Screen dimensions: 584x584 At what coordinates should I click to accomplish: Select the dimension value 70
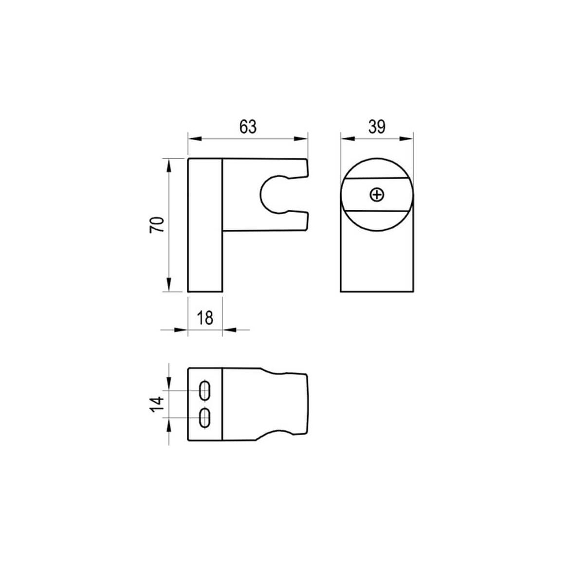(157, 224)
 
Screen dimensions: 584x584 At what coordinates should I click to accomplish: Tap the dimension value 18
(205, 318)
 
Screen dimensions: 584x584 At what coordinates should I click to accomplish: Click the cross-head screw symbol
(377, 195)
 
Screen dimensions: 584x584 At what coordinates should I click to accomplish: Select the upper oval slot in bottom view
(205, 390)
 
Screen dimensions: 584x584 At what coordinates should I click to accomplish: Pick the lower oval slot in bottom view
(205, 418)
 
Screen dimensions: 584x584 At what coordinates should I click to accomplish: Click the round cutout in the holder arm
(260, 195)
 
